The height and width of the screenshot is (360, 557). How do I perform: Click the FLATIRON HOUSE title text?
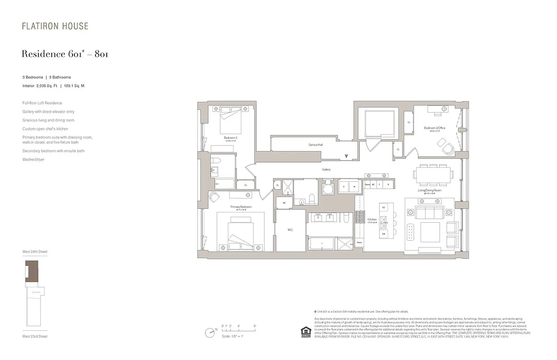click(55, 26)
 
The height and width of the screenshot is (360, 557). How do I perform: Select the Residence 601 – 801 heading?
click(65, 54)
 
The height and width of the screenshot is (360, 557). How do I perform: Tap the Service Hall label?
click(315, 145)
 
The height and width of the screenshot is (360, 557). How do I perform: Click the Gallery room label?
click(326, 170)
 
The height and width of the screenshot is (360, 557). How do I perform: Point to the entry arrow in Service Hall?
click(346, 156)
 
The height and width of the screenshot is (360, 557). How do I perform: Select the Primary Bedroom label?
click(241, 207)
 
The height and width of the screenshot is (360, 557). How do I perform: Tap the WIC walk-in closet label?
click(290, 230)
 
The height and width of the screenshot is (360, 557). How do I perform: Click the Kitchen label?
click(371, 220)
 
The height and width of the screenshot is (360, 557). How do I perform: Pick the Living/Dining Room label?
click(430, 190)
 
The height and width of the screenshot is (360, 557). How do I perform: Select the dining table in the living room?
click(433, 175)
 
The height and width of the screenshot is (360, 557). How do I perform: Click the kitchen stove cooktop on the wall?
click(359, 217)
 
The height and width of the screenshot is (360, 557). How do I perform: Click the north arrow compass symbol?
click(209, 333)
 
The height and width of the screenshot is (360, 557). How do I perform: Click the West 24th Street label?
click(35, 252)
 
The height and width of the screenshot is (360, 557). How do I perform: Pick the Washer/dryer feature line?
click(33, 159)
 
